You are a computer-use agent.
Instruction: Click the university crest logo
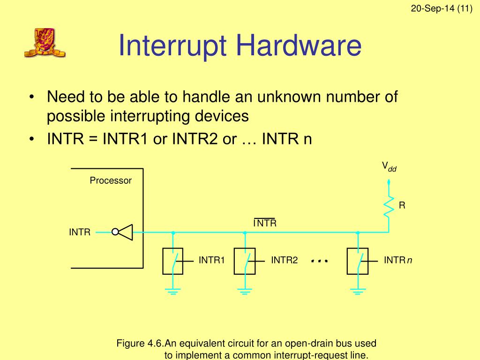click(45, 43)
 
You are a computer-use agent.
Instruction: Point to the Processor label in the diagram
click(111, 180)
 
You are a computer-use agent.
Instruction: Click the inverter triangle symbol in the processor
click(126, 232)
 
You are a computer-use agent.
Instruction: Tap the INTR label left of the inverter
click(80, 232)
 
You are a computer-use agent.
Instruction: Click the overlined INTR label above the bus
click(265, 223)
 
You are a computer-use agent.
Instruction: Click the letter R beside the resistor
click(402, 205)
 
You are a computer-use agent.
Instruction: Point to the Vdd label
click(389, 166)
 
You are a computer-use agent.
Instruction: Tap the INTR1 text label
click(212, 260)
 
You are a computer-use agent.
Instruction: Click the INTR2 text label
click(285, 260)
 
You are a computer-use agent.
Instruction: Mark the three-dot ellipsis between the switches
click(319, 261)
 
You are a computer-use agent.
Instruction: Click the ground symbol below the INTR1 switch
click(173, 292)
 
